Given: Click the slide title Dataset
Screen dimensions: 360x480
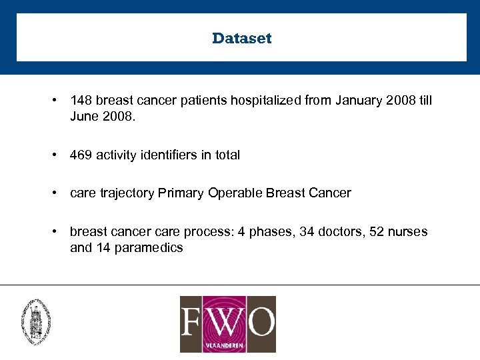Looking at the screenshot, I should click(x=241, y=38).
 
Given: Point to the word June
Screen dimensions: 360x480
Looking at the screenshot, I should click(x=83, y=117).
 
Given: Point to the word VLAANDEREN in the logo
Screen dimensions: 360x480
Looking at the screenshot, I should click(x=228, y=345).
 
